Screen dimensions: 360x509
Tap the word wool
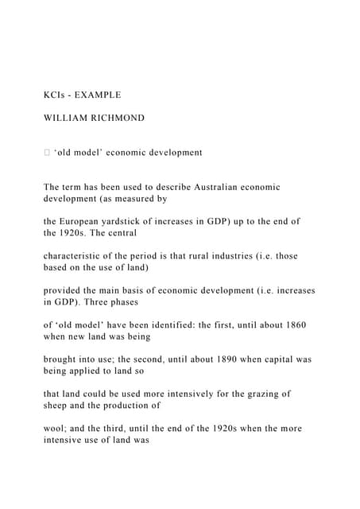pyautogui.click(x=56, y=428)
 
